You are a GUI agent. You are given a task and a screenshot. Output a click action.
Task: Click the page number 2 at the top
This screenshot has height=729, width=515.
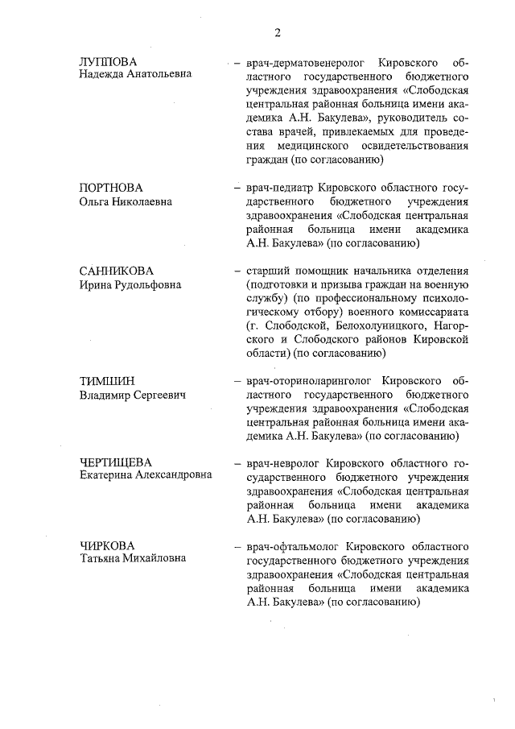pos(277,33)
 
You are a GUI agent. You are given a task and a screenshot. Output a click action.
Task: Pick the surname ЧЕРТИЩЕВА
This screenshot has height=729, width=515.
pos(116,462)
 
